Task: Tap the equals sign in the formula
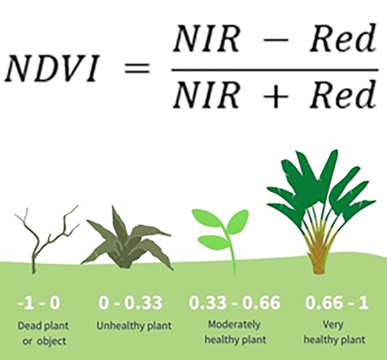point(137,68)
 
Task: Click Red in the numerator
point(343,39)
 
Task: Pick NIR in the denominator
point(207,95)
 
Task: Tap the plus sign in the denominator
point(275,95)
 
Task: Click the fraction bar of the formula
point(275,70)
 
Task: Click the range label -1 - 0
point(39,303)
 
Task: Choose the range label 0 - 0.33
point(130,303)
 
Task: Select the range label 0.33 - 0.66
point(235,303)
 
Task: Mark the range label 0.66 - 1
point(337,303)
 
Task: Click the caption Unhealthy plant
point(134,326)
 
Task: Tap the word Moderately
point(234,325)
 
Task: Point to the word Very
point(333,325)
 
